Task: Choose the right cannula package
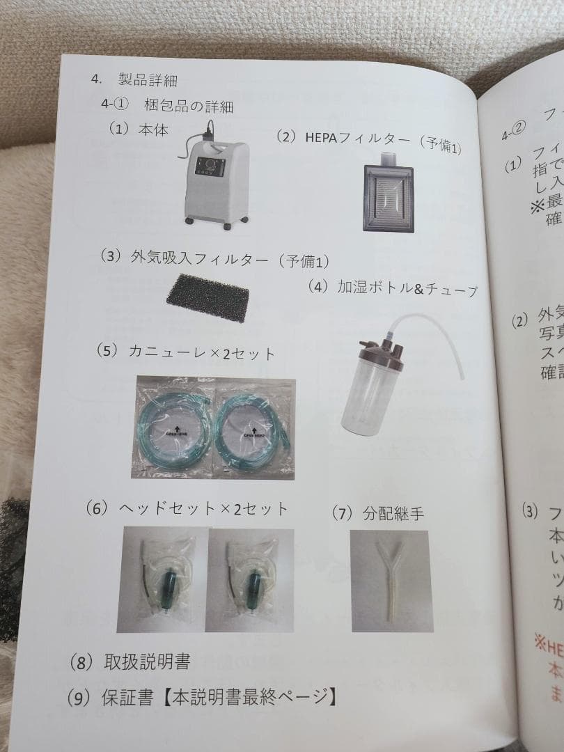254,428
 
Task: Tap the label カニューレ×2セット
202,353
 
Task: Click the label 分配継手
394,515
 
